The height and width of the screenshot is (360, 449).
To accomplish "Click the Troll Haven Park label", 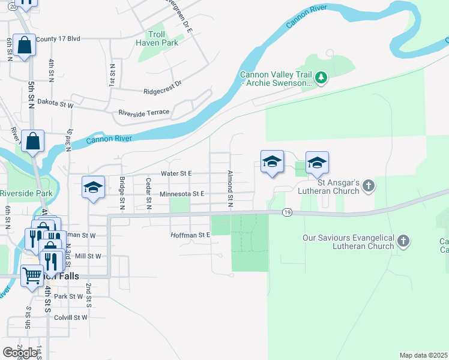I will click(x=157, y=39).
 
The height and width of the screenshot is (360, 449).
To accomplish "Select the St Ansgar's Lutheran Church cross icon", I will click(x=369, y=187).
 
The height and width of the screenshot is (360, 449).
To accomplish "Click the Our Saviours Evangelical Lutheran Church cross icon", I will click(x=404, y=242).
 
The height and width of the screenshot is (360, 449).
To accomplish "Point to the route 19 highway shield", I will click(x=288, y=212).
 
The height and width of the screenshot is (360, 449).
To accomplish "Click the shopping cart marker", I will click(x=32, y=276).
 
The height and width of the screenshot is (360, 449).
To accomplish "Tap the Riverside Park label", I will click(x=26, y=193).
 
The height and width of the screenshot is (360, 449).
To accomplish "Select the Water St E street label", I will click(x=176, y=173).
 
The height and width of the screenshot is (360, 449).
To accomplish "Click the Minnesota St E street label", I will click(x=182, y=194).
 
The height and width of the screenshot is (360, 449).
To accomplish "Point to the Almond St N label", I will click(x=230, y=189).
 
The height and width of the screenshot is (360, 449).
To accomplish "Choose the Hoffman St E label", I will click(x=190, y=235).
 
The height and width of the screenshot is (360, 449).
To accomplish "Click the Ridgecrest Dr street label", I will click(x=162, y=91).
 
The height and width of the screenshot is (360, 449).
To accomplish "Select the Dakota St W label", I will click(x=55, y=103).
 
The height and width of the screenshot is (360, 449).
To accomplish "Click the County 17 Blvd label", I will click(x=58, y=39).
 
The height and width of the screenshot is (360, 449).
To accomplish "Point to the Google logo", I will click(x=20, y=353).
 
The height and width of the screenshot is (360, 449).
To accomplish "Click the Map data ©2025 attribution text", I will click(x=423, y=355).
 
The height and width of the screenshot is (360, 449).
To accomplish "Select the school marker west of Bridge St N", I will click(x=93, y=188).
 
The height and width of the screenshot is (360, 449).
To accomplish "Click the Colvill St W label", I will click(x=71, y=317).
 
